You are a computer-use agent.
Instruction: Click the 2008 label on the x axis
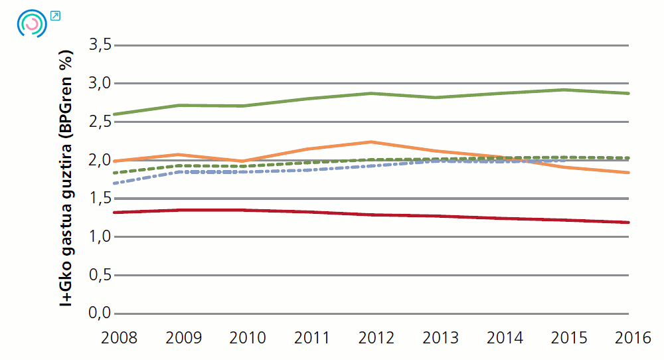(119, 338)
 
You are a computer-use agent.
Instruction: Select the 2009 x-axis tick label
(183, 338)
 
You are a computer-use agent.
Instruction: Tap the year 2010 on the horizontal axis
(248, 338)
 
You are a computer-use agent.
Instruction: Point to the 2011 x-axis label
(312, 338)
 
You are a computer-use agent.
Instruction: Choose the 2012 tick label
(376, 338)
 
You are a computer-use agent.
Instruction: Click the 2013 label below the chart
(440, 338)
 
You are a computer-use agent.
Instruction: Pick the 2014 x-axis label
(505, 338)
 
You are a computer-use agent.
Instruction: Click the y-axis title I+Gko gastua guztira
(66, 179)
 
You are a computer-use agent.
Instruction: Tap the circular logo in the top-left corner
(31, 23)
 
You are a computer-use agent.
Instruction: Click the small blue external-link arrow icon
(55, 15)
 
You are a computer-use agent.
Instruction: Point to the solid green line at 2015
(564, 90)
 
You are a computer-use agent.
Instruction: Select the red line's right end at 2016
(628, 223)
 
